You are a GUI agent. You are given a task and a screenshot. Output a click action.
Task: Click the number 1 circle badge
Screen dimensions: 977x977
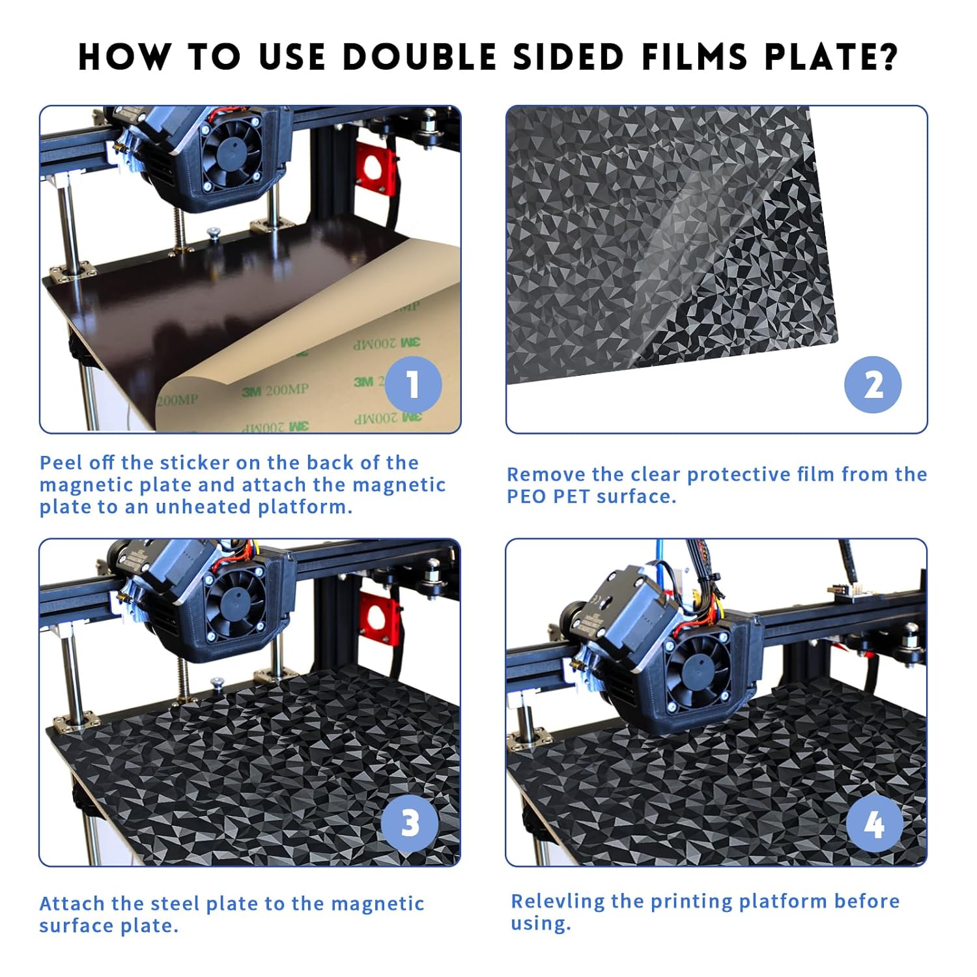click(x=413, y=385)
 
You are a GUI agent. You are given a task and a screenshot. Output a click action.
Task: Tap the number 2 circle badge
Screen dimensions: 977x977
click(x=873, y=385)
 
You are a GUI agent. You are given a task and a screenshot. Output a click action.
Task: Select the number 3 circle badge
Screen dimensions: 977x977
click(x=410, y=823)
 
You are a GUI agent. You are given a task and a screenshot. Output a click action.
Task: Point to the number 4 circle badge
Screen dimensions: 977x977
click(x=875, y=825)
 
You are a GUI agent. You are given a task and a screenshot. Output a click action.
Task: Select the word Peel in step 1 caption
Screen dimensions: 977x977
click(x=61, y=462)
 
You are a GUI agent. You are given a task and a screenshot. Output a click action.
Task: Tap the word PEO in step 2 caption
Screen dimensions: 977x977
click(x=526, y=496)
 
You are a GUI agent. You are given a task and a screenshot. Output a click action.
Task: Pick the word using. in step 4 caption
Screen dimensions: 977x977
click(x=541, y=924)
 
